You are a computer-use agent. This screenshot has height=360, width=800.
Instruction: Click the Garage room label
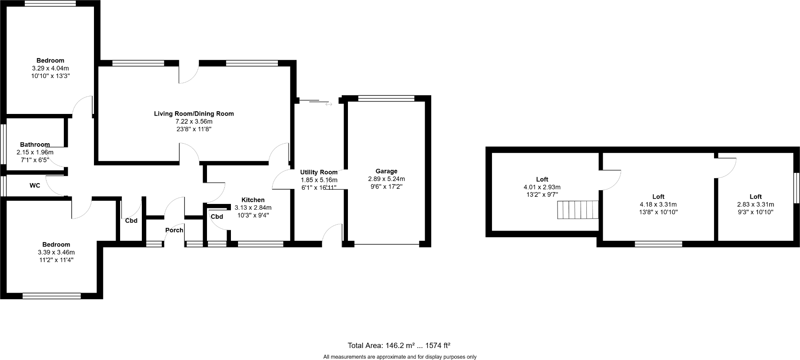386,171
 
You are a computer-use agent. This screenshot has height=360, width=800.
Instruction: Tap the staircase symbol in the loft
578,210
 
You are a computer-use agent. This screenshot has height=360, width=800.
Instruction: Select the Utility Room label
319,172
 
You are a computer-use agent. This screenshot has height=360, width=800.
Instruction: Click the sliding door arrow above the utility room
328,104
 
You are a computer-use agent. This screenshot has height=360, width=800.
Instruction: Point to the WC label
35,185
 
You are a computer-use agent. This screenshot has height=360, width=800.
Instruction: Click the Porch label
174,230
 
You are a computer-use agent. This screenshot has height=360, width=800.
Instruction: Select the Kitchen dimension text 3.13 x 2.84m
253,207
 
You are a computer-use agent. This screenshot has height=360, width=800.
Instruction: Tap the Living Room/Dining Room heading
194,113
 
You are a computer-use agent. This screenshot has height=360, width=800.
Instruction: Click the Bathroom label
35,145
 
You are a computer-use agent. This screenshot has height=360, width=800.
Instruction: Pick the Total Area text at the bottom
399,345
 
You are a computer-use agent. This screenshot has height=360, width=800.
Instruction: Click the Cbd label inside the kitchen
217,217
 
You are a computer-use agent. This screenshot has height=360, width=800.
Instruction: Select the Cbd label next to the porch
131,220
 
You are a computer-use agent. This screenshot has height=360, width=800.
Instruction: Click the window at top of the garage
386,98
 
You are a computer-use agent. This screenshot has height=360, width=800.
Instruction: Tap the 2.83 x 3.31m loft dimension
755,204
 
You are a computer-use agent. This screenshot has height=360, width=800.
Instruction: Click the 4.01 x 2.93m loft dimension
542,187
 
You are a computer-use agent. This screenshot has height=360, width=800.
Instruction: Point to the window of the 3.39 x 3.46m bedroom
51,296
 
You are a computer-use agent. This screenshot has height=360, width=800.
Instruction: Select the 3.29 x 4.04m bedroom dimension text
50,68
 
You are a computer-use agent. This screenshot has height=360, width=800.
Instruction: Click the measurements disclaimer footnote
399,356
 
